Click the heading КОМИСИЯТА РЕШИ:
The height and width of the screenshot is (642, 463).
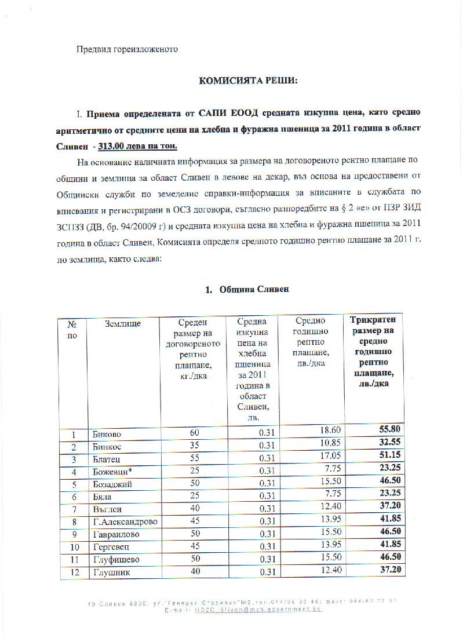[x=247, y=81]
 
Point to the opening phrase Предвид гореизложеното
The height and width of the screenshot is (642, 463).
[x=127, y=49]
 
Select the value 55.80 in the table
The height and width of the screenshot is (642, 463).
[x=392, y=430]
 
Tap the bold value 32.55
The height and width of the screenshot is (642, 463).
[x=392, y=442]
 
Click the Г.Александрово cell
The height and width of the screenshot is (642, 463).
[x=125, y=522]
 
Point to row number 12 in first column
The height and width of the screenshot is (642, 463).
[x=74, y=572]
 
